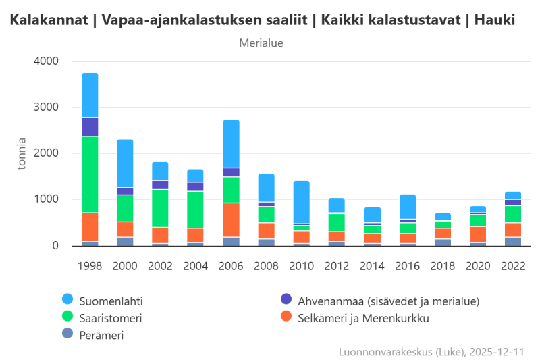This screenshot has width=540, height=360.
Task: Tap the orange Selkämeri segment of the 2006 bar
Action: [231, 220]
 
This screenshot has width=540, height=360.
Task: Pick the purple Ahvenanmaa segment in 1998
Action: [90, 127]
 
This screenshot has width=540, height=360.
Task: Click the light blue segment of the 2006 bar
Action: [231, 143]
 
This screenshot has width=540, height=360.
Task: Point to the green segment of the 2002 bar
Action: [160, 208]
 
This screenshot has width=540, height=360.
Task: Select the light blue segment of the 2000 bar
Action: [125, 163]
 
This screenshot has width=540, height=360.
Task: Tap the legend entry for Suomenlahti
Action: [111, 299]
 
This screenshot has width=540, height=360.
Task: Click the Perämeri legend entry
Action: [101, 334]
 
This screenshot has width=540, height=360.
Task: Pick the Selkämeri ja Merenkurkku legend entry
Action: [363, 317]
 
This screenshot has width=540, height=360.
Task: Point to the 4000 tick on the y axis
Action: [46, 61]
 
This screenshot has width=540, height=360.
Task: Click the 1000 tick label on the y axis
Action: [46, 200]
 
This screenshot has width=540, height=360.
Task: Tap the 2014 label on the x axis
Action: [371, 265]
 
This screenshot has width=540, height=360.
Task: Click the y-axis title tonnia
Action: [22, 153]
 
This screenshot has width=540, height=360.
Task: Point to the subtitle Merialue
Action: [261, 43]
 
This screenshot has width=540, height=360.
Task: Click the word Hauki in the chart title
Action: [494, 20]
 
